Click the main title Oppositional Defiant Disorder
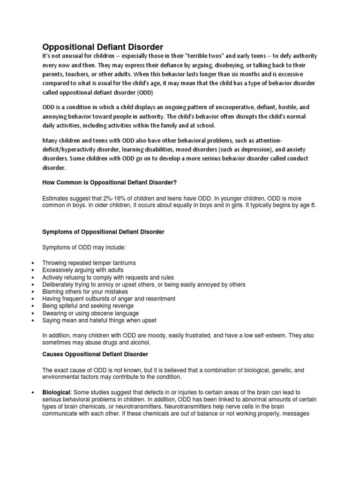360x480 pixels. coord(103,47)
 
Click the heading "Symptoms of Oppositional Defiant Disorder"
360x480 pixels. coord(103,232)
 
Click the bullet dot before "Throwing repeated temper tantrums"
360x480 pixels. coord(31,263)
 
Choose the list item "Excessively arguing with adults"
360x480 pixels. coord(83,270)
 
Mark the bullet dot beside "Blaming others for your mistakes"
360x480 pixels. coord(31,292)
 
